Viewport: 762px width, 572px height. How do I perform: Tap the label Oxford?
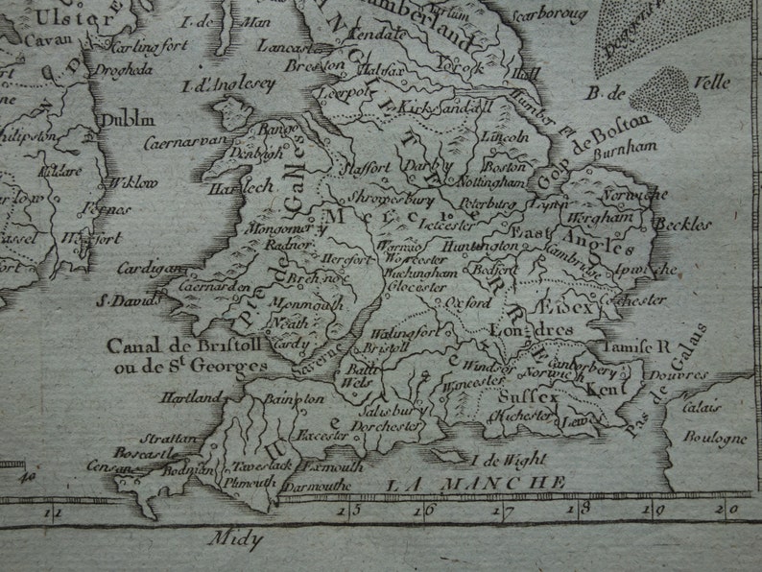click(x=469, y=302)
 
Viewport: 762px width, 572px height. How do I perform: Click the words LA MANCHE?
click(x=476, y=484)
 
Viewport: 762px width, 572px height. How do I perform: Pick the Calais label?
click(x=702, y=406)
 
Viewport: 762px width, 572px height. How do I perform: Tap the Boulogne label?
click(x=714, y=439)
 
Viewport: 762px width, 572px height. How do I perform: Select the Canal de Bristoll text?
click(x=167, y=345)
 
